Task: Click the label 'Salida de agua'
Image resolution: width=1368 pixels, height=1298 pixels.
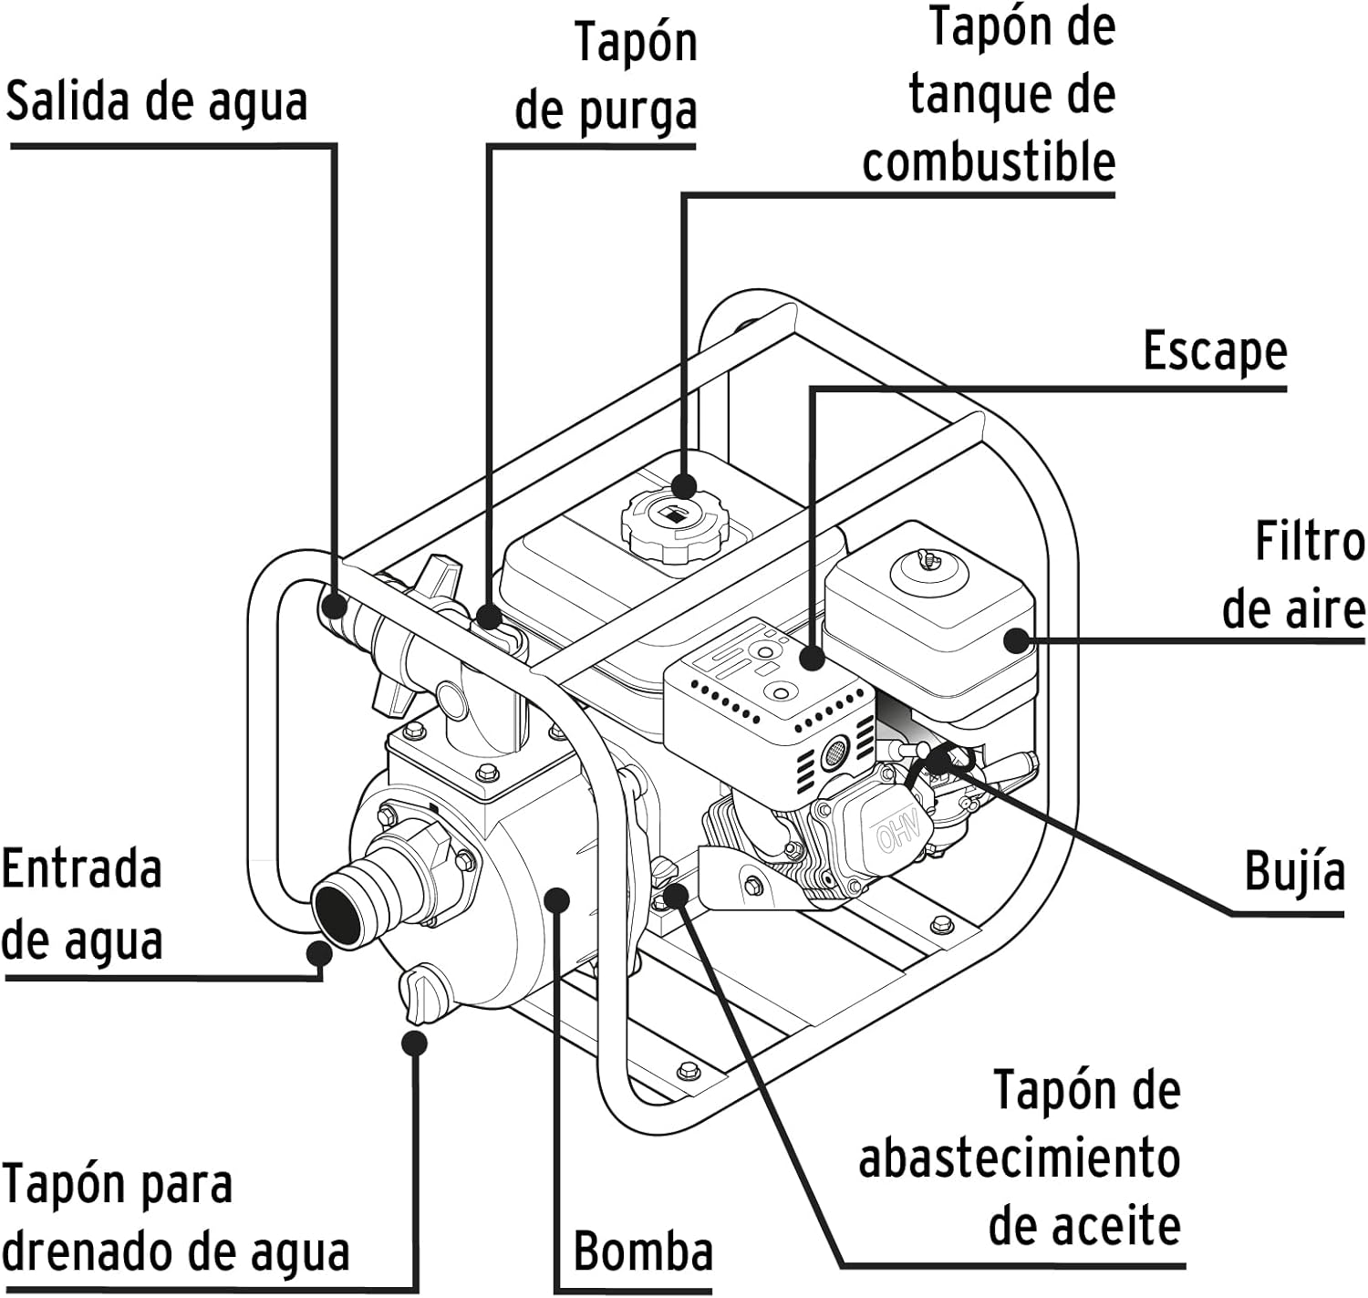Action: click(156, 101)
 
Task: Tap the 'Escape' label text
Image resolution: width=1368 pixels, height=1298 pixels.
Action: click(1214, 351)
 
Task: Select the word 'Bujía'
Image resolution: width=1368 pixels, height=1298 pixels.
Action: click(1294, 871)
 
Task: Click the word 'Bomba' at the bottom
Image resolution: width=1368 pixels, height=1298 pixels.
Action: click(643, 1251)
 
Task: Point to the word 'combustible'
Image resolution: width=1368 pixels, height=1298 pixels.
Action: click(989, 162)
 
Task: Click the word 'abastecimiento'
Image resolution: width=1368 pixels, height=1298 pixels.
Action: click(1019, 1158)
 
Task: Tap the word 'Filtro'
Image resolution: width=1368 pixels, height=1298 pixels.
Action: click(1310, 541)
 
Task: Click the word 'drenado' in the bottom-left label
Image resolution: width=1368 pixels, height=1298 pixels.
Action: click(93, 1252)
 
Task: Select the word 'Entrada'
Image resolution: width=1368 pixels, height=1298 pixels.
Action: click(82, 868)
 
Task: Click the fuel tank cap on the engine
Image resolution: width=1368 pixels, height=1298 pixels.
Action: click(675, 523)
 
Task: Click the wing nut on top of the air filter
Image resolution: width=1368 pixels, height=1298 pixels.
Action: click(928, 557)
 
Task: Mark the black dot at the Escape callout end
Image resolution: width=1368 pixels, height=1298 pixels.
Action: click(812, 657)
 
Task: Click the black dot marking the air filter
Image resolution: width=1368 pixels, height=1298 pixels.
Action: click(1017, 639)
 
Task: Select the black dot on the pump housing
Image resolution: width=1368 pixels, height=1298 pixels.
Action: click(556, 900)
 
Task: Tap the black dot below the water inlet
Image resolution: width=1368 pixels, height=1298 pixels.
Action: click(318, 953)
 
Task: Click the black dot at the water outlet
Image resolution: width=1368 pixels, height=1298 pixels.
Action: click(334, 605)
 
